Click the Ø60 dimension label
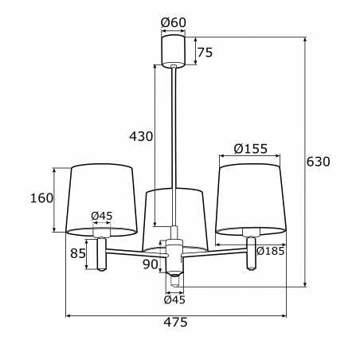[x=174, y=22]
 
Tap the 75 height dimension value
[x=205, y=53]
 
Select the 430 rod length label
[x=141, y=136]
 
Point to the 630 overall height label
[x=318, y=162]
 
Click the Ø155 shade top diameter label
[x=251, y=149]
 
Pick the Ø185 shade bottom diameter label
[x=271, y=251]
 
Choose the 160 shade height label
[x=41, y=198]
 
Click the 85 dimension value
[x=78, y=253]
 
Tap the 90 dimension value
[x=151, y=264]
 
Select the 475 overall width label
[x=175, y=323]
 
